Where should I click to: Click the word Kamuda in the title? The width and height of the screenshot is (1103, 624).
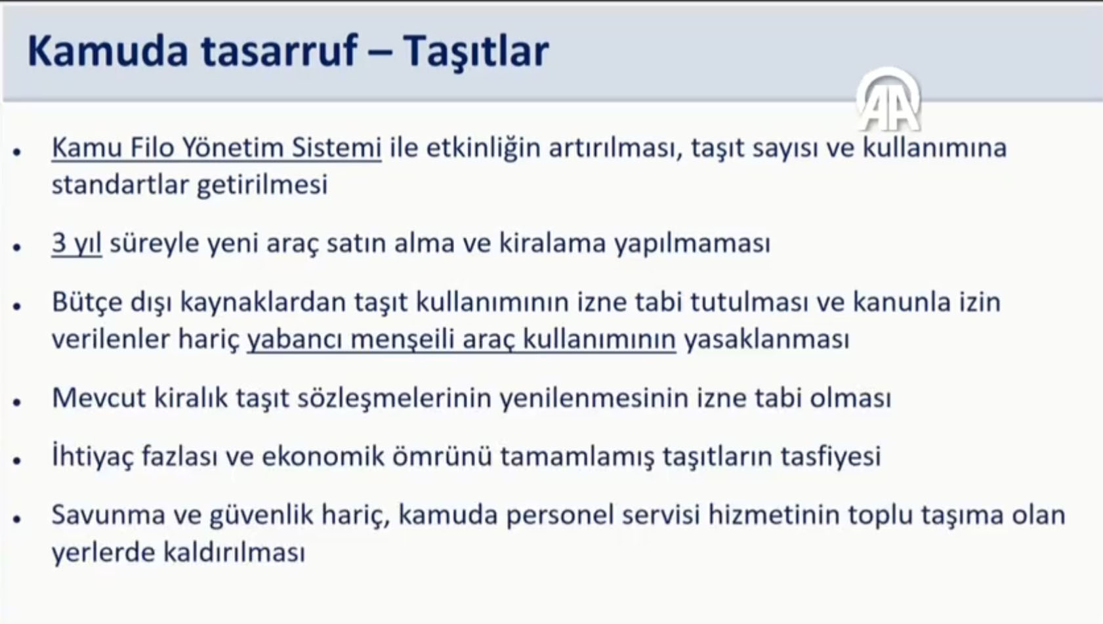pyautogui.click(x=108, y=51)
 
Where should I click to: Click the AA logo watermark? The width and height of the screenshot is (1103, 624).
pyautogui.click(x=888, y=100)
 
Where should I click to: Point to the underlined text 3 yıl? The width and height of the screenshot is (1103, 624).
pyautogui.click(x=77, y=244)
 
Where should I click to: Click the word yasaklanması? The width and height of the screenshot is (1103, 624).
pyautogui.click(x=766, y=340)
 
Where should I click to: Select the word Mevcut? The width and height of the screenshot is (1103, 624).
pyautogui.click(x=99, y=398)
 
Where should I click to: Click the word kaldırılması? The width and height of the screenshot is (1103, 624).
pyautogui.click(x=234, y=552)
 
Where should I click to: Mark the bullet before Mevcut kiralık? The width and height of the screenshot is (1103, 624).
pyautogui.click(x=17, y=402)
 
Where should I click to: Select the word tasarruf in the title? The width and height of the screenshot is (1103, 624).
pyautogui.click(x=280, y=51)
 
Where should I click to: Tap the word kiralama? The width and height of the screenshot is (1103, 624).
pyautogui.click(x=552, y=243)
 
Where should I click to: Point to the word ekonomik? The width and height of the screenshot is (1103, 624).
pyautogui.click(x=323, y=456)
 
